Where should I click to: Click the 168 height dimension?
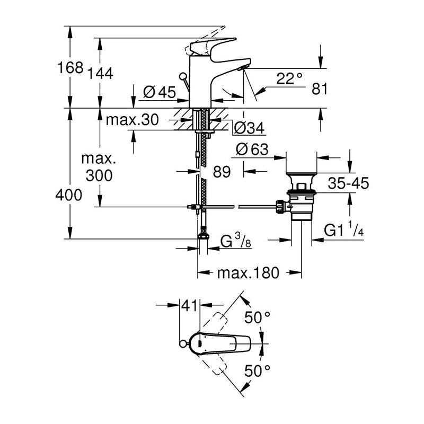coord(70,67)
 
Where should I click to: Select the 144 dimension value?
coord(100,73)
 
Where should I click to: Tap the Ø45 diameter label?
coord(160,92)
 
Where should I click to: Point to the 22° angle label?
coord(289,78)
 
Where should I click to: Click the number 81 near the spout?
coord(320,89)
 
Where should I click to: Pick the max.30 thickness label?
coord(132,120)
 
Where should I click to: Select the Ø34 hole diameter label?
coord(249,128)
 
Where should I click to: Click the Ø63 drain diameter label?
coord(252,149)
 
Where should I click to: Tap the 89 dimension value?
coord(222,172)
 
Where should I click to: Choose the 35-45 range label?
coord(348,183)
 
